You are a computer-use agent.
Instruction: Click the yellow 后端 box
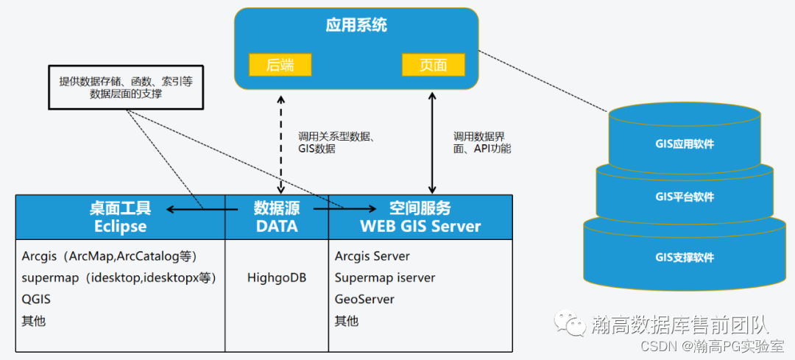coord(280,64)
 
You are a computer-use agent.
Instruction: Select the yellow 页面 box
coord(433,64)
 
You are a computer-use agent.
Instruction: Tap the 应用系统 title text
coord(356,26)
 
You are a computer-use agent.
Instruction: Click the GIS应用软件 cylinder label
coord(685,144)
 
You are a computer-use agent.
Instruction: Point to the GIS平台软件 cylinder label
coord(685,197)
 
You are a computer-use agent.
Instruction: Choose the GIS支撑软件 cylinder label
coord(685,258)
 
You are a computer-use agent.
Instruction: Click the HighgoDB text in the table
coord(277,278)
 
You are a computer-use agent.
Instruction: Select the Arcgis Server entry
coord(372,256)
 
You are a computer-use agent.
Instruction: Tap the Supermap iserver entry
coord(385,278)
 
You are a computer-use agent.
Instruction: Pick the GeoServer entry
coord(364,299)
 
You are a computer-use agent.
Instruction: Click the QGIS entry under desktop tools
coord(36,299)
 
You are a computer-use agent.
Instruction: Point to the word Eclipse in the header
coord(120,226)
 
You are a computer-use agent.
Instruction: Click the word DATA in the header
coord(277,226)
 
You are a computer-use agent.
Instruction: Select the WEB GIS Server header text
coord(420,226)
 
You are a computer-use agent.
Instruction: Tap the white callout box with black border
coord(125,88)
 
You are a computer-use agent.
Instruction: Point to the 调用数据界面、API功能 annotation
coord(482,142)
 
